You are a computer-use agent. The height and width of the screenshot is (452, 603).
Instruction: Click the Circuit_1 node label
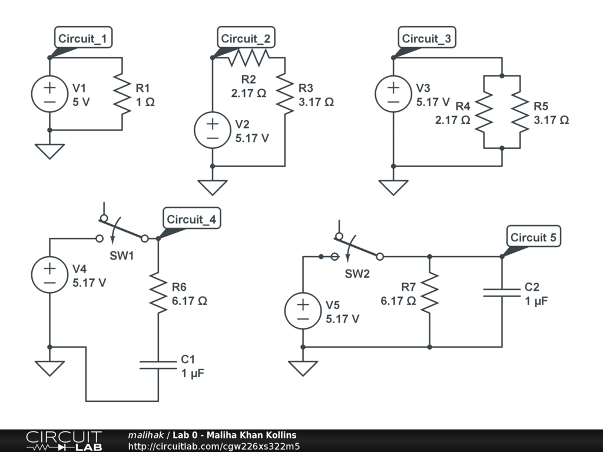83,37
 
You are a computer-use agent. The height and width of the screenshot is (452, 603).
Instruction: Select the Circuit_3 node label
427,37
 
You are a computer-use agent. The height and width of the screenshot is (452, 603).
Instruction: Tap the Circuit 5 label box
534,237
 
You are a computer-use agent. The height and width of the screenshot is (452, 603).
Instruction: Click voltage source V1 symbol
49,94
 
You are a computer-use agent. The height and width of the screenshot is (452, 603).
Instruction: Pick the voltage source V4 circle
49,275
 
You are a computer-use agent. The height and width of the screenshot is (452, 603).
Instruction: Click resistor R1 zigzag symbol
122,94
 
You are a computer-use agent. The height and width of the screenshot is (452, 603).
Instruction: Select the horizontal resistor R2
249,58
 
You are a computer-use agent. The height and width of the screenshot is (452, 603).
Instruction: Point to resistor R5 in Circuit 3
520,112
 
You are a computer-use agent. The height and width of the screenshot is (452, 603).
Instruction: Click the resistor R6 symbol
158,293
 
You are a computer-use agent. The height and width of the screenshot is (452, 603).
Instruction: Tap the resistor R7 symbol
429,293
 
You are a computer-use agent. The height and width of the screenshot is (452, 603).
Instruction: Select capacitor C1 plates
158,365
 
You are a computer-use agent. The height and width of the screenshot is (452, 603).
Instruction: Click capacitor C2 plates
502,293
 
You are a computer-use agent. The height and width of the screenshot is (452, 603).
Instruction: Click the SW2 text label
357,274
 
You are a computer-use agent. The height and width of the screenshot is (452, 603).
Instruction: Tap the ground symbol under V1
49,151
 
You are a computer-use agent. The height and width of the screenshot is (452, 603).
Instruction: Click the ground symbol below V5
303,368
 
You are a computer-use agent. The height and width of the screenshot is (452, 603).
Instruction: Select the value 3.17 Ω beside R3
316,102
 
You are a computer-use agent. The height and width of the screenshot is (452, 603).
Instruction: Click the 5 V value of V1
81,102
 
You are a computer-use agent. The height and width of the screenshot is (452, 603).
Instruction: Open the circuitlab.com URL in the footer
214,446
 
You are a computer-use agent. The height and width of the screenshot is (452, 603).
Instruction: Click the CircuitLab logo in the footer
64,441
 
